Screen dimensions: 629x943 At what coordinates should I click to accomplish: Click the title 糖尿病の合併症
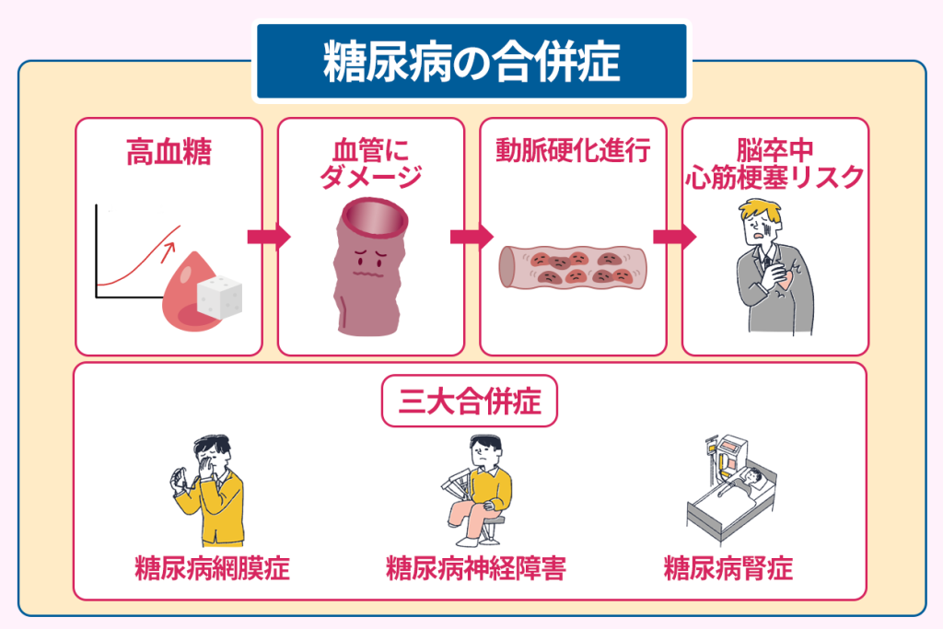pyautogui.click(x=471, y=63)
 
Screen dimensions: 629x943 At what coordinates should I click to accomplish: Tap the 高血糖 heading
pyautogui.click(x=168, y=152)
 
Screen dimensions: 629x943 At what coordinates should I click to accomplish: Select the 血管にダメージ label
pyautogui.click(x=370, y=163)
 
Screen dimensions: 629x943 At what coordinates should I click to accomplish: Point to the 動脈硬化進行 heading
pyautogui.click(x=574, y=150)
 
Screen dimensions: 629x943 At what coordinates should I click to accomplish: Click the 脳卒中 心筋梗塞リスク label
pyautogui.click(x=775, y=163)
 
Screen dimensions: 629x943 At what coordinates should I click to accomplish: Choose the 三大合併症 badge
pyautogui.click(x=470, y=403)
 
